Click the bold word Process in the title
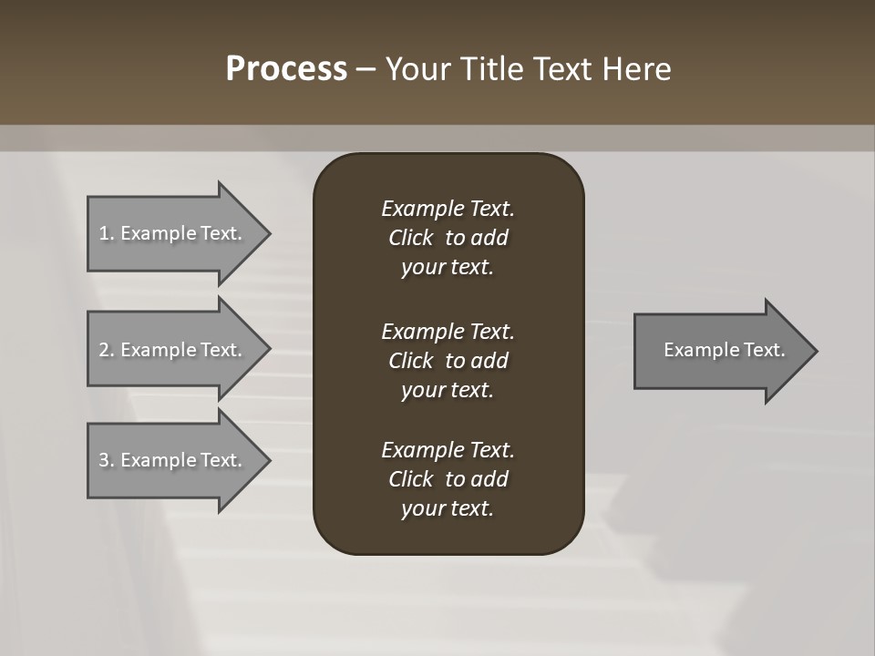(x=286, y=69)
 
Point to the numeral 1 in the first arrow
(x=104, y=233)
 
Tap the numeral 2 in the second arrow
(x=104, y=350)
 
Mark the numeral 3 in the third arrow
(x=104, y=460)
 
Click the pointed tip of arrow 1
(x=267, y=233)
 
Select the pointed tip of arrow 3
(x=267, y=460)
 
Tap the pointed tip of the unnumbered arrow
(x=815, y=351)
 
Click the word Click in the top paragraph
(x=410, y=238)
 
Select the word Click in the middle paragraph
(x=410, y=361)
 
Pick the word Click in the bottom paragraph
(x=410, y=479)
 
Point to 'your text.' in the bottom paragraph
(x=447, y=508)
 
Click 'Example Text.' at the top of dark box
(x=448, y=209)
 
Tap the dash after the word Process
(x=365, y=69)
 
